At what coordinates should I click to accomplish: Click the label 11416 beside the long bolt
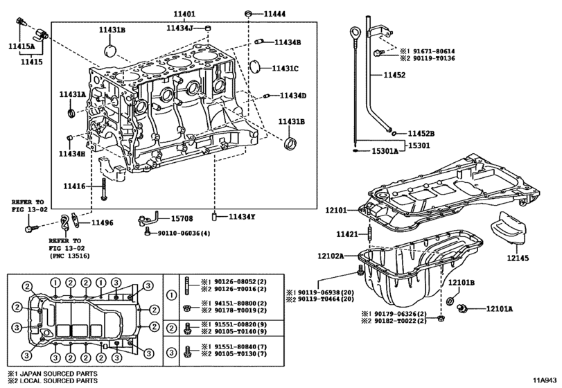[74, 186]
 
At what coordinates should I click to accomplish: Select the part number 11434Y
[243, 217]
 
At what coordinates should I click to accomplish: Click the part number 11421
[348, 235]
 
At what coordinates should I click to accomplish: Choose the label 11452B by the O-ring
[421, 132]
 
